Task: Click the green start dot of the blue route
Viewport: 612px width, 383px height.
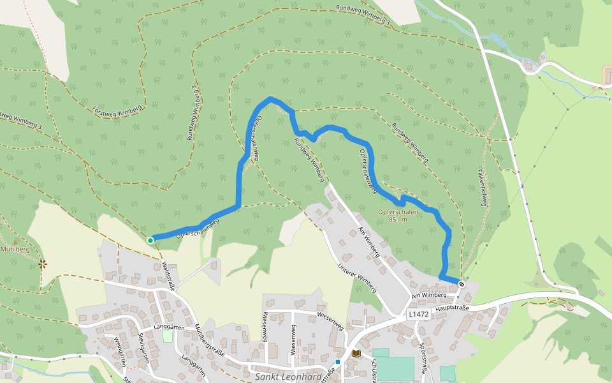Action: click(150, 241)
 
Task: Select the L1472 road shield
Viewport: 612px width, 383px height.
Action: click(419, 315)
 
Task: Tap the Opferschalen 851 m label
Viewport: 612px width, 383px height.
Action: click(398, 216)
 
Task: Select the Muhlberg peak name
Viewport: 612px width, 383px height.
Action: click(15, 249)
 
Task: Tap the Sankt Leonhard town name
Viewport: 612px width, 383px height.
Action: click(288, 376)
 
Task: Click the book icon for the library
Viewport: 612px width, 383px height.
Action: click(356, 353)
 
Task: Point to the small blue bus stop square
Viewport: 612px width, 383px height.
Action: click(339, 362)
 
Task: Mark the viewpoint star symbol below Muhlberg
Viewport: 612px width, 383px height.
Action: click(42, 263)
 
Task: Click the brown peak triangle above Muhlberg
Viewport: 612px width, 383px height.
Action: click(15, 241)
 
